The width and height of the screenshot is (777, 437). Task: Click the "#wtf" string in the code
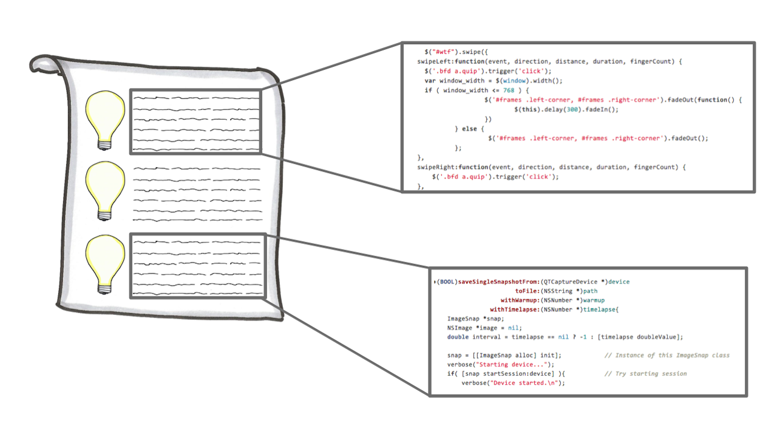[445, 52]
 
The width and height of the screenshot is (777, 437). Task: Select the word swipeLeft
[437, 61]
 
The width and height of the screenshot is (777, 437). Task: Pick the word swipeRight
[439, 167]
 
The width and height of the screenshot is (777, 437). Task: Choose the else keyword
[470, 129]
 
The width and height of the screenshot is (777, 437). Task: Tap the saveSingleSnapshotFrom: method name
[494, 282]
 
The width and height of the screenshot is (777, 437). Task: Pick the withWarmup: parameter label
[521, 300]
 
